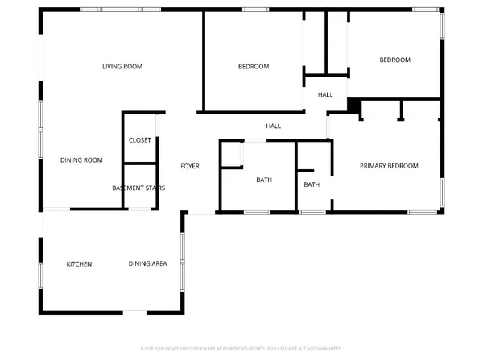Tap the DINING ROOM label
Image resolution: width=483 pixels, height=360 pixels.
click(81, 159)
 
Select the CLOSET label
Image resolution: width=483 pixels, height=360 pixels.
click(140, 140)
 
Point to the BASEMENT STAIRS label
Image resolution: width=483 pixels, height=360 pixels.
click(138, 188)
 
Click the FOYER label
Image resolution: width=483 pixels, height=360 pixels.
click(189, 167)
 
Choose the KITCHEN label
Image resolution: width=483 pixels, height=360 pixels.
click(79, 264)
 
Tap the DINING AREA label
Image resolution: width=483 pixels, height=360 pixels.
click(147, 264)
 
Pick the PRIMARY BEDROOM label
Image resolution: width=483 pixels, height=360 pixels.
click(389, 166)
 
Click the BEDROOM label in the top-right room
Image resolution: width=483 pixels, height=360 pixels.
click(395, 60)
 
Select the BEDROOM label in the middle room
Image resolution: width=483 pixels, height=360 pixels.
click(254, 67)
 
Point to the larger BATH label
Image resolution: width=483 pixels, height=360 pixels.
click(264, 180)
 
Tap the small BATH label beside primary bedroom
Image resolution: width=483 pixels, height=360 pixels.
click(312, 184)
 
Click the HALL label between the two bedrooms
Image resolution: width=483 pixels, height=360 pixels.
click(325, 95)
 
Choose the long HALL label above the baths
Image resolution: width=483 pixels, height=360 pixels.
click(274, 126)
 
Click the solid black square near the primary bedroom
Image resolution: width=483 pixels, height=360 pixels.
click(353, 106)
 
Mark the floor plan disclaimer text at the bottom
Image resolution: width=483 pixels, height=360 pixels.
click(241, 350)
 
